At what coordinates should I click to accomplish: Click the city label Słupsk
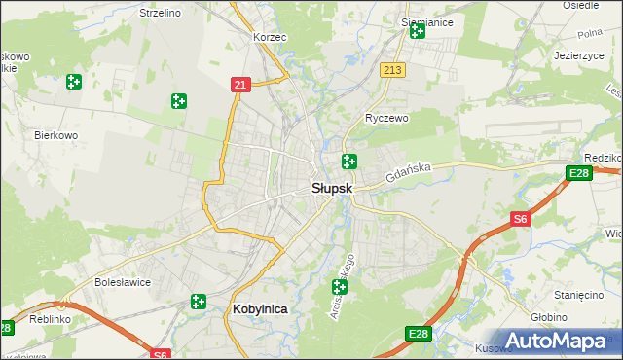(332, 188)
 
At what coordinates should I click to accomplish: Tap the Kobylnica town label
(261, 308)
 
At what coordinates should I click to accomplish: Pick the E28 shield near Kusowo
(418, 335)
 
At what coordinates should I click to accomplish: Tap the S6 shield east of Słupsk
(521, 220)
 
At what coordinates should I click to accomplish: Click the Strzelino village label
(161, 13)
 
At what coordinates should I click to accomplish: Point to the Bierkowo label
(55, 135)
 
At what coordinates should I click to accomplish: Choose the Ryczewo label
(386, 118)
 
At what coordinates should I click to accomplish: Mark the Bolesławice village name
(121, 283)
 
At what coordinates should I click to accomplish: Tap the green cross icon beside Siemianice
(418, 32)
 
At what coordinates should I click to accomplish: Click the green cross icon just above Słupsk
(348, 162)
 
